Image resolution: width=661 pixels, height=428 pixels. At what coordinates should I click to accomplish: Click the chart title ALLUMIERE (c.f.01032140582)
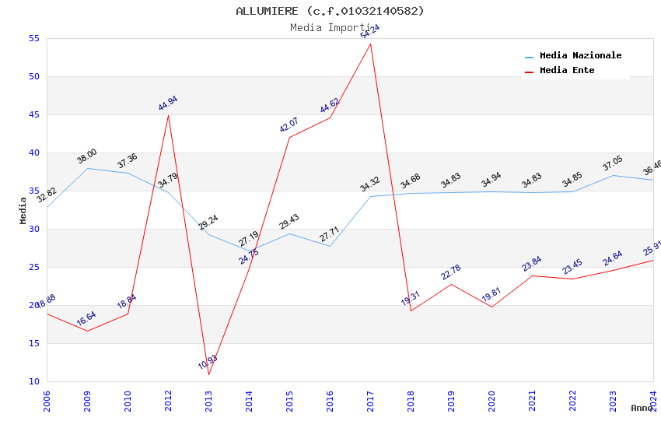tap(330, 11)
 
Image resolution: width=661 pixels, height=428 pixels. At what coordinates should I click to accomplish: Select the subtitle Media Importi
tap(330, 28)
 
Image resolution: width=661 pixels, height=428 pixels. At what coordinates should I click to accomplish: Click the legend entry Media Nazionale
tap(580, 56)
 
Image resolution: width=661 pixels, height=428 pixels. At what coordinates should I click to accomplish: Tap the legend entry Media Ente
tap(567, 71)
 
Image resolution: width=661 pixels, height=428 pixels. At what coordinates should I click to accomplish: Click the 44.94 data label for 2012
tap(167, 103)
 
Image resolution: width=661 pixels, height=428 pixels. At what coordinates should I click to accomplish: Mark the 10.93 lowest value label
tap(208, 363)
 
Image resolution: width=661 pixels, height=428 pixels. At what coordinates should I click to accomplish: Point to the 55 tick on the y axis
tap(33, 39)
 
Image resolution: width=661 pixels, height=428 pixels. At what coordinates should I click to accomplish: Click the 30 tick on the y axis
tap(33, 230)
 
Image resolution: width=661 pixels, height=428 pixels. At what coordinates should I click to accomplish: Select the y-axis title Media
tap(23, 210)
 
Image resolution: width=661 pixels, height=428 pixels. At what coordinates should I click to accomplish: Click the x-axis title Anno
tap(642, 408)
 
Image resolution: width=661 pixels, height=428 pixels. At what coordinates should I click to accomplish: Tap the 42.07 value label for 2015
tap(289, 125)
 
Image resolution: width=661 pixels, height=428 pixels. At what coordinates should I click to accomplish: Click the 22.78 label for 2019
tap(450, 272)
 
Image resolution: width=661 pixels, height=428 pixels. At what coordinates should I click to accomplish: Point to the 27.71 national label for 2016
tap(329, 234)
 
